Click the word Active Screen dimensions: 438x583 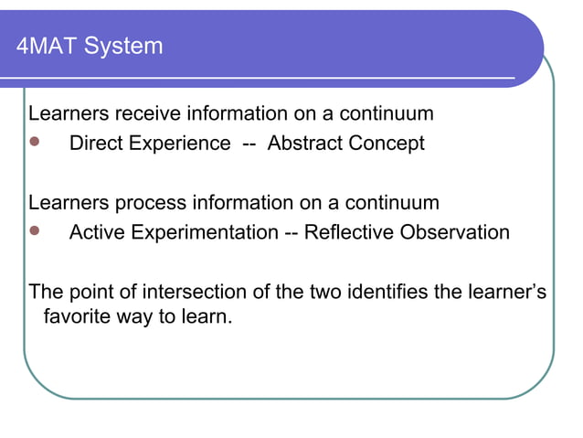(97, 231)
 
